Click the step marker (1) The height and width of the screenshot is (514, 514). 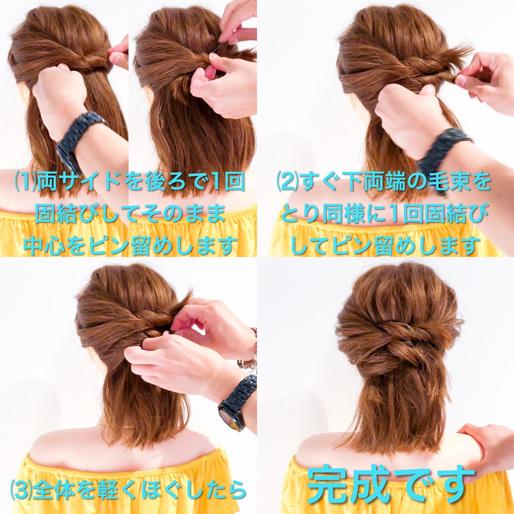[x=26, y=183]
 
